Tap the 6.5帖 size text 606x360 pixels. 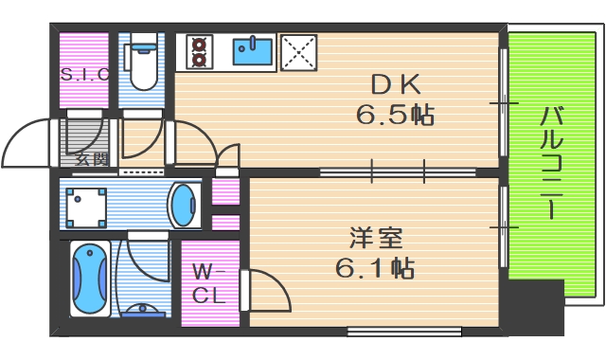tap(395, 116)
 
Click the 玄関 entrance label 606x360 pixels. tap(91, 159)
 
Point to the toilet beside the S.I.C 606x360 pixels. tap(144, 62)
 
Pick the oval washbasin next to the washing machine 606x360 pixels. tap(183, 204)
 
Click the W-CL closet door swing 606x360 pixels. tap(265, 289)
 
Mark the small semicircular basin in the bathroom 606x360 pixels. tap(143, 312)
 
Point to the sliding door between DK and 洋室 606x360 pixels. tap(398, 171)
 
